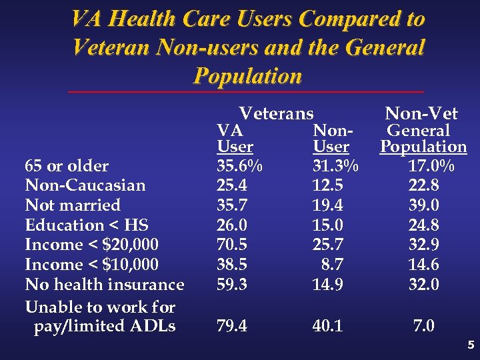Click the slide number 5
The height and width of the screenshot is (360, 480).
click(471, 345)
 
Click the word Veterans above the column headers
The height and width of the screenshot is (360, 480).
click(276, 114)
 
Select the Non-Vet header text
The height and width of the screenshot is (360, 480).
click(421, 114)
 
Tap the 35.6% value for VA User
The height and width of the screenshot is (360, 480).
click(240, 165)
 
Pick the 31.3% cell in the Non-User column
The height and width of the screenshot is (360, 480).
click(335, 165)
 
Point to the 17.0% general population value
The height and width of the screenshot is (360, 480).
click(431, 165)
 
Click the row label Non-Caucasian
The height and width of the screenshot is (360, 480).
click(85, 185)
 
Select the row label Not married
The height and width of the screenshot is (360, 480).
click(73, 205)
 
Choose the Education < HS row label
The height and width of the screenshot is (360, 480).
click(87, 225)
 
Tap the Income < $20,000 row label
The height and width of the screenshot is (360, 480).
click(92, 245)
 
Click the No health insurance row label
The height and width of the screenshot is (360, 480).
click(105, 285)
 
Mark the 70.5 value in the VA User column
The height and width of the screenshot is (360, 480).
click(232, 245)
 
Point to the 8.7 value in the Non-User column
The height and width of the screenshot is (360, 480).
click(333, 265)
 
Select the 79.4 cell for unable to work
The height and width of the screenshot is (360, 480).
click(232, 326)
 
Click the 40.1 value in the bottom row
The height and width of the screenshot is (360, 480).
click(327, 326)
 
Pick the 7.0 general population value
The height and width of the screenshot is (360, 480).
click(424, 326)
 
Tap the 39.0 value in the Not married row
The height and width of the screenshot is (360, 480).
click(424, 205)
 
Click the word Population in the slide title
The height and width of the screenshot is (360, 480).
click(247, 76)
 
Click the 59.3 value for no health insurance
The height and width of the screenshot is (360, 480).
click(232, 285)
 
